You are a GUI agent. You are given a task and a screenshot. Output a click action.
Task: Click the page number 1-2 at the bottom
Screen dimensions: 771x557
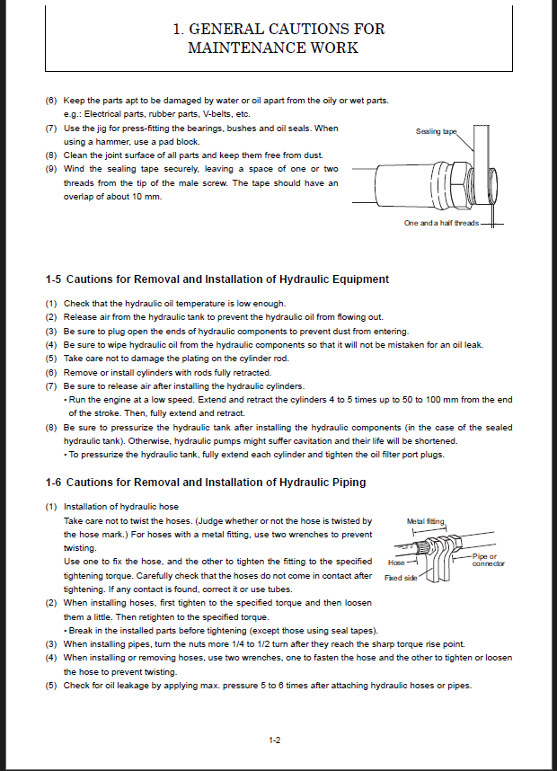pos(276,740)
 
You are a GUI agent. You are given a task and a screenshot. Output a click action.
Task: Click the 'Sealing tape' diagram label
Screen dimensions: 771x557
pos(436,131)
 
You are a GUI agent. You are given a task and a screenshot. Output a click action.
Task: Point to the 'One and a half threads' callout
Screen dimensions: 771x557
pos(441,222)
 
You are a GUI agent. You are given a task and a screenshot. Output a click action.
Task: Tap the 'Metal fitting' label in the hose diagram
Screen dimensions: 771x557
pos(425,520)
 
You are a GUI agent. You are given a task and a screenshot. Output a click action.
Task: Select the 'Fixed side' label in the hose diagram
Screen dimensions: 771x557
pos(401,578)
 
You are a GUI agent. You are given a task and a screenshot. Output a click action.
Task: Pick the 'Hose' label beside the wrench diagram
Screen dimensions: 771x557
pos(395,563)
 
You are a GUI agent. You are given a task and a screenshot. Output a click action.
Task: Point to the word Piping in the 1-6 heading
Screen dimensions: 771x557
pos(348,483)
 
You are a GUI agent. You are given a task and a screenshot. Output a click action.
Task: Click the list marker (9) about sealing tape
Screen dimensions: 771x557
pos(52,169)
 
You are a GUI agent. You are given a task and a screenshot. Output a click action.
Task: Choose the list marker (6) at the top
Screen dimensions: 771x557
pos(52,101)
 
